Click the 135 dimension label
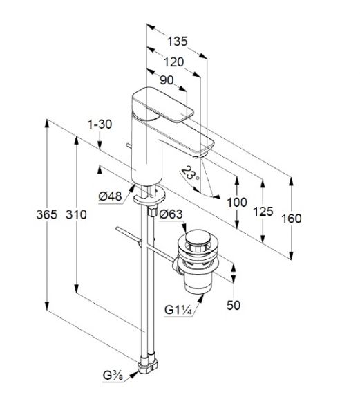click(x=178, y=41)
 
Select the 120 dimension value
click(x=173, y=62)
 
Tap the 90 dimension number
click(x=167, y=80)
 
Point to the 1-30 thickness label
click(x=100, y=124)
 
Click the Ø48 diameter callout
click(x=111, y=196)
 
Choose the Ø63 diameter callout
click(x=171, y=214)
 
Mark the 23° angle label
click(x=191, y=174)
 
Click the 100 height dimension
click(x=237, y=203)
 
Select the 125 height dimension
click(x=263, y=212)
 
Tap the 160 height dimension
click(x=291, y=219)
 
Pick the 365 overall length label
click(x=47, y=214)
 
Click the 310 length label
click(x=76, y=214)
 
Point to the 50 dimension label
click(x=234, y=305)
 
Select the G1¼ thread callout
click(x=178, y=309)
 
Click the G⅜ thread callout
click(x=113, y=376)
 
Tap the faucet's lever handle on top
click(x=162, y=104)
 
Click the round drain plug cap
click(x=198, y=237)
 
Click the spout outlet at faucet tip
click(x=200, y=156)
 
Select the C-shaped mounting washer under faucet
click(x=149, y=196)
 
